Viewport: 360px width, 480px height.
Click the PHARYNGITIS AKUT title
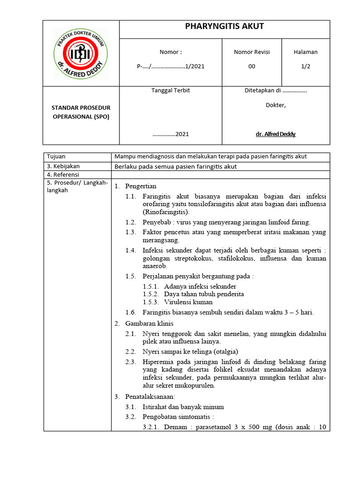pyautogui.click(x=225, y=27)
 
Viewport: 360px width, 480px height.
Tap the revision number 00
pyautogui.click(x=252, y=66)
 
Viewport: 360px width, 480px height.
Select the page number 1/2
pyautogui.click(x=306, y=66)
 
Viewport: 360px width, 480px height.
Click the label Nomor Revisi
pyautogui.click(x=252, y=52)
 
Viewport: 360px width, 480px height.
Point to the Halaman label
pyautogui.click(x=306, y=52)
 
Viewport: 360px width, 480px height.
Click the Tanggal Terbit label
pyautogui.click(x=171, y=90)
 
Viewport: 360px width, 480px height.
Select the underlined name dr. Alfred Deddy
pyautogui.click(x=276, y=134)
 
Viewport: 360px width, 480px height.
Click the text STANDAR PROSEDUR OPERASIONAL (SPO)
pyautogui.click(x=81, y=112)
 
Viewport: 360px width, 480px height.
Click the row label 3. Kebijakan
pyautogui.click(x=63, y=166)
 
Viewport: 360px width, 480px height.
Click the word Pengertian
pyautogui.click(x=141, y=186)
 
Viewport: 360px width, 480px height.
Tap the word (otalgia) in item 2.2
pyautogui.click(x=225, y=352)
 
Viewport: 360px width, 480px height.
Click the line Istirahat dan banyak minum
pyautogui.click(x=183, y=407)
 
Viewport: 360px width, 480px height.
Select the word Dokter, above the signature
pyautogui.click(x=276, y=105)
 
